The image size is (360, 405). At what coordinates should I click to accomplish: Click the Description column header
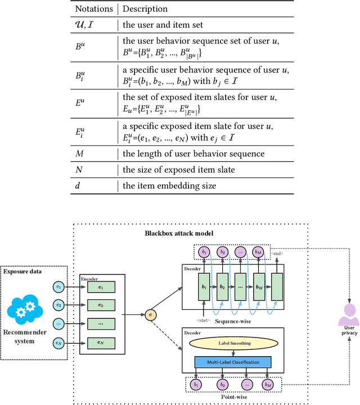tap(145, 10)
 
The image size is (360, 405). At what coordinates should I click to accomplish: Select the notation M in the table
tap(79, 154)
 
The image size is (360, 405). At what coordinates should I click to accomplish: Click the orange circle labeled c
tap(150, 313)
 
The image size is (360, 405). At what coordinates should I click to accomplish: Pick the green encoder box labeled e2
tap(101, 305)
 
